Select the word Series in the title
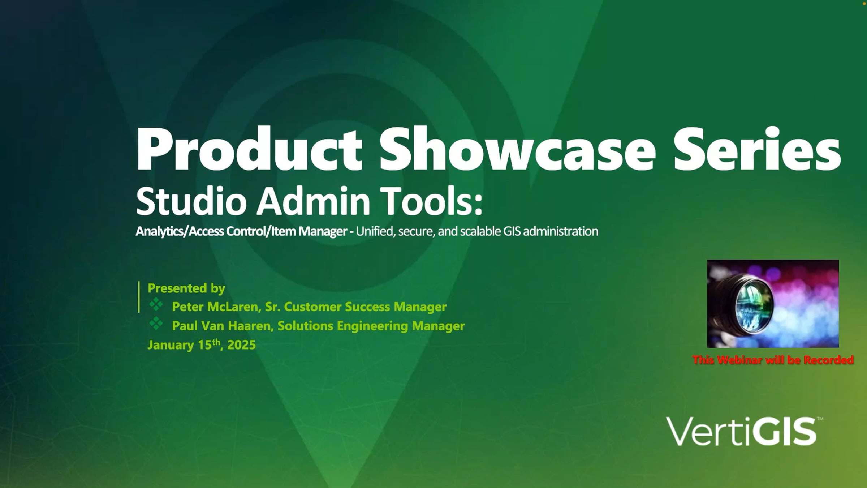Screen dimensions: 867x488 [757, 149]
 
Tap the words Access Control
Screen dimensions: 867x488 [227, 231]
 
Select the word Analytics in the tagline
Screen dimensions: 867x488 [160, 231]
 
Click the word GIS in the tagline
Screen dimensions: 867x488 [512, 231]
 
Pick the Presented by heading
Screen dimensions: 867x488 [186, 288]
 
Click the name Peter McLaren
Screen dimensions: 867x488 [215, 307]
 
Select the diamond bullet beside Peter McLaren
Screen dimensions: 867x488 [156, 304]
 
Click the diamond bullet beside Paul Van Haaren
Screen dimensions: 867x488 [156, 323]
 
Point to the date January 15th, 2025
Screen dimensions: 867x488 [202, 344]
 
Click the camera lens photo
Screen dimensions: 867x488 [773, 304]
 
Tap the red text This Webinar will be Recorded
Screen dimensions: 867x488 [773, 360]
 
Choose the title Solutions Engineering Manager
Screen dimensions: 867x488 [371, 326]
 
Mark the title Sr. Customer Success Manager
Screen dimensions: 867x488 [356, 307]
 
